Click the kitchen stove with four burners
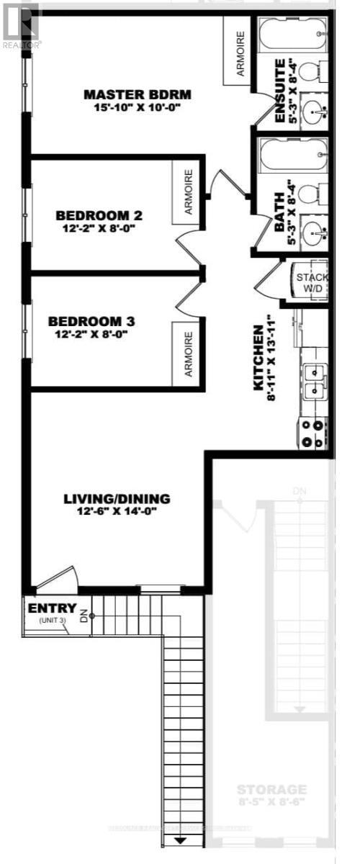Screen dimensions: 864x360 coord(315,432)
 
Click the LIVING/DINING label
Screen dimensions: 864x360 coord(117,498)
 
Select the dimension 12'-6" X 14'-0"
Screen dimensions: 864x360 coord(117,512)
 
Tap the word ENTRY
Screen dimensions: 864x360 coord(52,609)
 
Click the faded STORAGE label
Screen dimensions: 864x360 coord(272,790)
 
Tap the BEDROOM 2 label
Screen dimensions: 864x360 coord(99,215)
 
